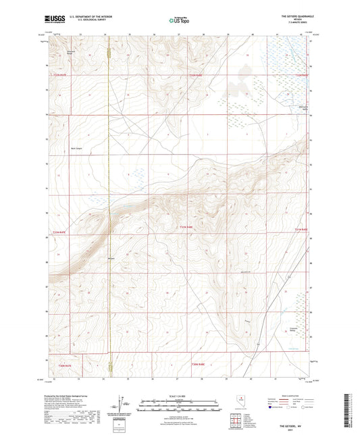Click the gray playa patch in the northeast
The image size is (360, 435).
pyautogui.click(x=236, y=84)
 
